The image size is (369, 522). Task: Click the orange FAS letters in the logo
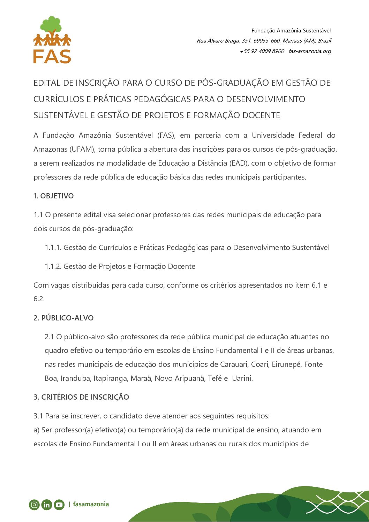52,56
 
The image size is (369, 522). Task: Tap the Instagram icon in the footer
34,505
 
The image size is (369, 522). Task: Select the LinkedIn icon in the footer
47,505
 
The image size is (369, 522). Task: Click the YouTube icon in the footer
59,505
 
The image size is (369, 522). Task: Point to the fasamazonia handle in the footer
91,504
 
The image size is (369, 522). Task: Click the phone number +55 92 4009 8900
262,51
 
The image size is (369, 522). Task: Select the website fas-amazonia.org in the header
310,51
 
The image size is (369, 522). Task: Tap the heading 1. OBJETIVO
54,196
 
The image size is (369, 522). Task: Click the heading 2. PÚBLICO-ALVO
63,318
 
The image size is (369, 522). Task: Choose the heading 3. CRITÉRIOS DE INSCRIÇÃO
81,397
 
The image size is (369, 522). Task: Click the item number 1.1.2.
53,266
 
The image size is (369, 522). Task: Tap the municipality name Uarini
242,378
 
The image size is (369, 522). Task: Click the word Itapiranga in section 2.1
110,378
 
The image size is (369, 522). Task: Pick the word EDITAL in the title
47,83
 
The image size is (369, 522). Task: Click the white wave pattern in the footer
337,504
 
